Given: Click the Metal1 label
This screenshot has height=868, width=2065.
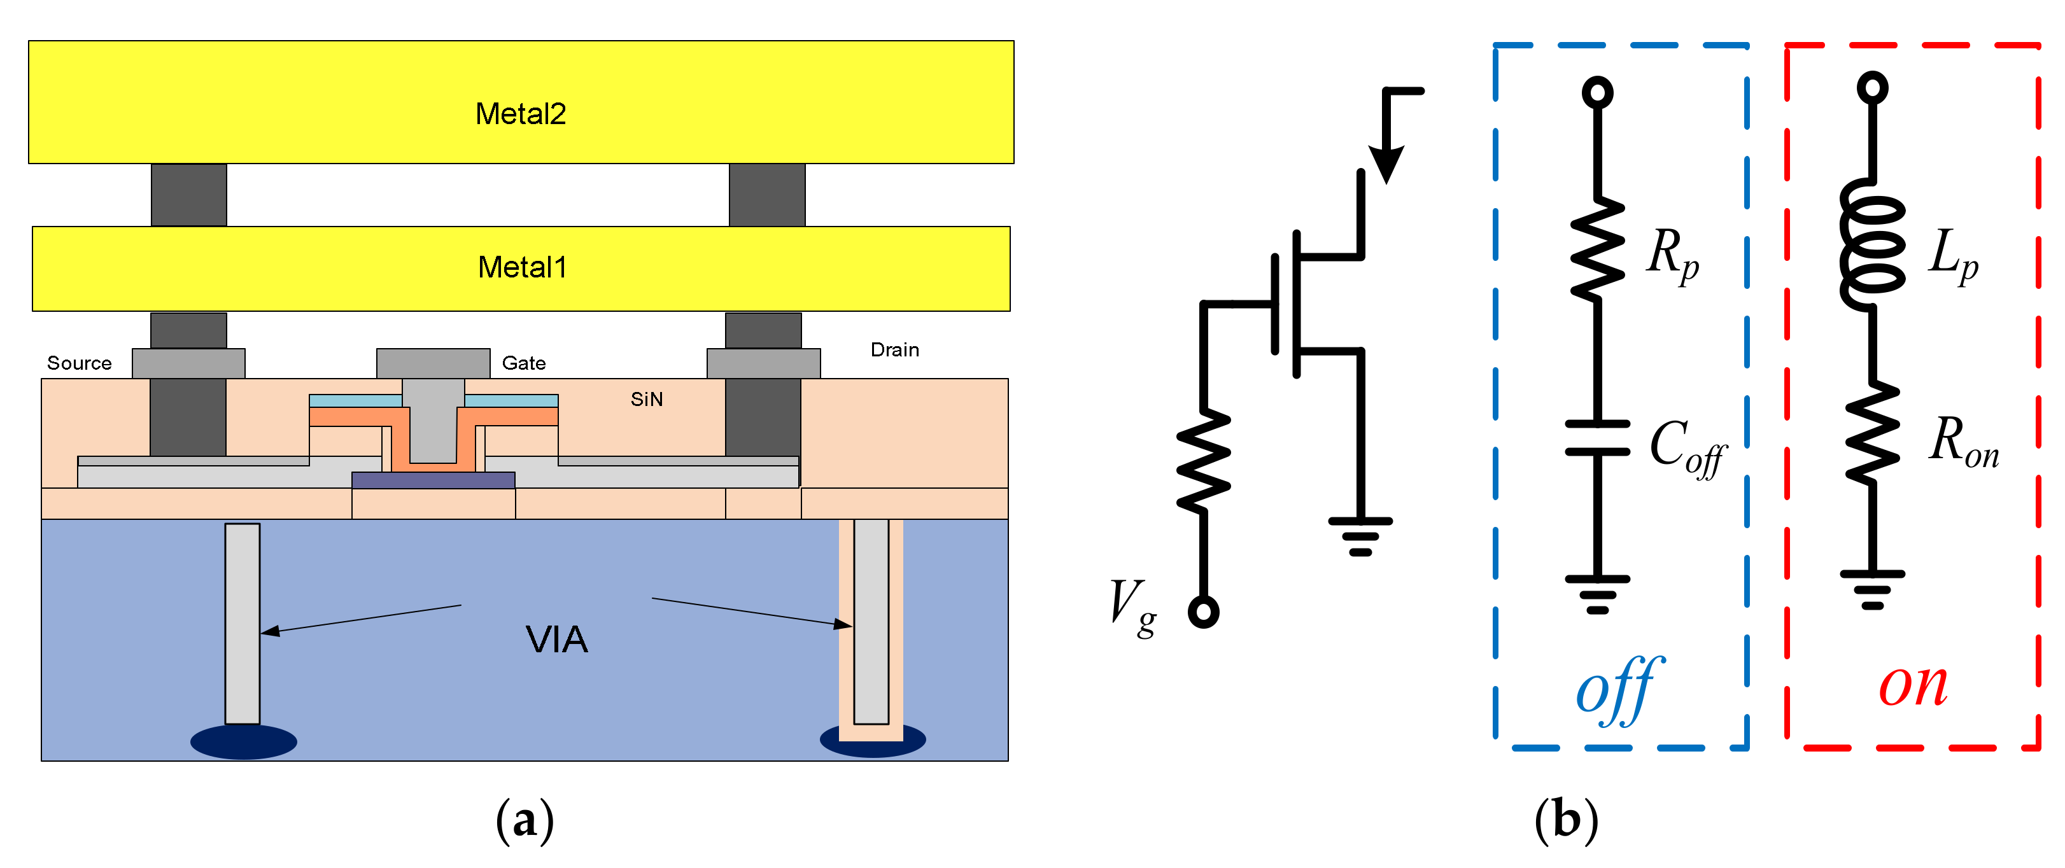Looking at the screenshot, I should point(522,267).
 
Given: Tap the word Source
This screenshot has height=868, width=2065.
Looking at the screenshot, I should point(80,363).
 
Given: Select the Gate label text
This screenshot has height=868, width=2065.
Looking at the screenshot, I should point(523,363).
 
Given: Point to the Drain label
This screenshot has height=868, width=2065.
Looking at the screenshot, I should point(894,349).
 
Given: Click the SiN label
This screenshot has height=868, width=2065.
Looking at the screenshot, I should point(646,399).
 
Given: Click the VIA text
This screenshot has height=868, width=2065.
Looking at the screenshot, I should point(556,640).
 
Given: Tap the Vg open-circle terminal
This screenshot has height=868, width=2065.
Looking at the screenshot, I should point(1203,612).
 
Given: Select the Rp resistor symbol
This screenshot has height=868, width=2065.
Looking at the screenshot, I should point(1598,251).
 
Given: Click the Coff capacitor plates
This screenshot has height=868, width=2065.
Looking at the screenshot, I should point(1598,438).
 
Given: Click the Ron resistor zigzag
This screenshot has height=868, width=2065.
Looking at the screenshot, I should point(1873,433).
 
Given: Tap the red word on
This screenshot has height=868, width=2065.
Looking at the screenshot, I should point(1913,686).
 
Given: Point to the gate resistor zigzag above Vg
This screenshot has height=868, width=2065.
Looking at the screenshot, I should point(1203,461).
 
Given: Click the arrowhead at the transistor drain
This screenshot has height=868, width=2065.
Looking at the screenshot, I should point(1386,164).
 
